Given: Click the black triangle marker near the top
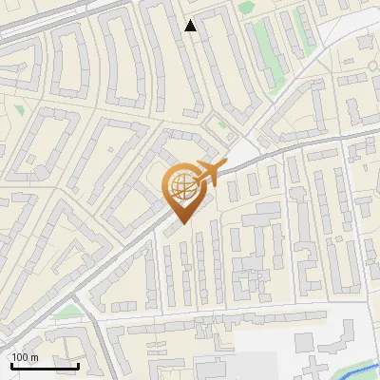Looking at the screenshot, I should [191, 26].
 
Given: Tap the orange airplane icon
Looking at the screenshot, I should [209, 173].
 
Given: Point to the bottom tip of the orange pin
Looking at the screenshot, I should [181, 224].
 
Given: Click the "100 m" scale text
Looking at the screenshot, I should [24, 357].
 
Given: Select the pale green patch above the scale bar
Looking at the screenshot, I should [64, 312].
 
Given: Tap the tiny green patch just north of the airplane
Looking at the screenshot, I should [220, 123].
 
